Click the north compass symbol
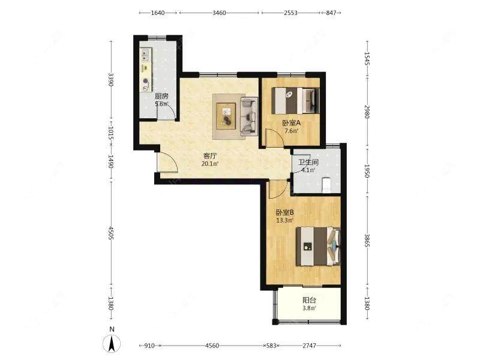[x=112, y=340]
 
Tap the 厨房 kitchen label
[x=161, y=96]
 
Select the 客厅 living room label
[x=210, y=156]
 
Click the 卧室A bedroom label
[x=292, y=123]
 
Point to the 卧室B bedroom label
[x=285, y=212]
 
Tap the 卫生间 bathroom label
[x=308, y=162]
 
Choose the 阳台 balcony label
[x=309, y=301]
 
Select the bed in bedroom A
[x=296, y=101]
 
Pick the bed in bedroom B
[x=319, y=246]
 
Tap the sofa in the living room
[x=249, y=116]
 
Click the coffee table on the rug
[x=226, y=116]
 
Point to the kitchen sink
[x=145, y=56]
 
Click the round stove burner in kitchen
[x=146, y=82]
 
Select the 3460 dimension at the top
[x=219, y=13]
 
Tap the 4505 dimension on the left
[x=111, y=233]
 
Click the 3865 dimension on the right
[x=367, y=241]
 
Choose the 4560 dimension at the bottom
[x=212, y=346]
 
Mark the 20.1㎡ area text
[x=210, y=164]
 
